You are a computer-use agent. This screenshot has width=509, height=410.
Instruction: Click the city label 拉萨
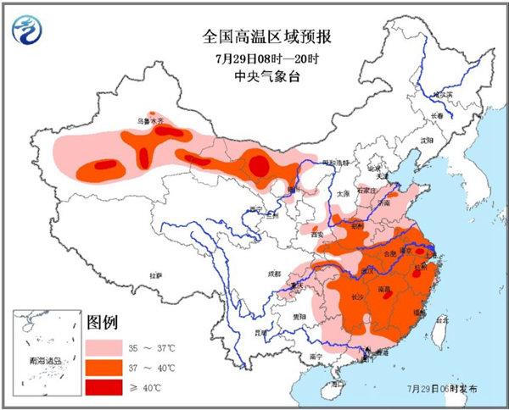coord(155,275)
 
